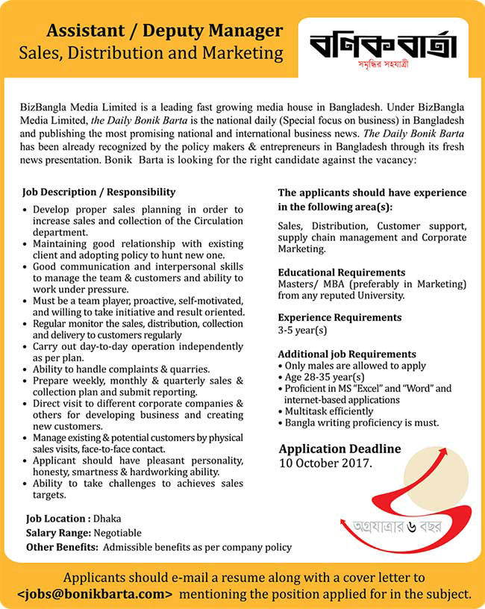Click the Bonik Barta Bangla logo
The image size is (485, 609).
pos(383,49)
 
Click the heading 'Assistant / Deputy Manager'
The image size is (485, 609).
pos(164,31)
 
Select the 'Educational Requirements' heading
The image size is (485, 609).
pos(342,272)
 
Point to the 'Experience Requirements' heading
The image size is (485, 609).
pos(339,317)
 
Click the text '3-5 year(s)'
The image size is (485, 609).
pos(303,330)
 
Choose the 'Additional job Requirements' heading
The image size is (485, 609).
pos(347,354)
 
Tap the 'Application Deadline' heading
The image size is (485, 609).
pos(339,449)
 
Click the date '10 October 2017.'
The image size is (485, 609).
pos(325,463)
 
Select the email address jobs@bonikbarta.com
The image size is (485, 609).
pos(95,594)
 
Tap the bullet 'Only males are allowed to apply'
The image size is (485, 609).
pos(355,366)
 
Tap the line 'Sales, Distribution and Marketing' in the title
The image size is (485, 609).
pos(151,53)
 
